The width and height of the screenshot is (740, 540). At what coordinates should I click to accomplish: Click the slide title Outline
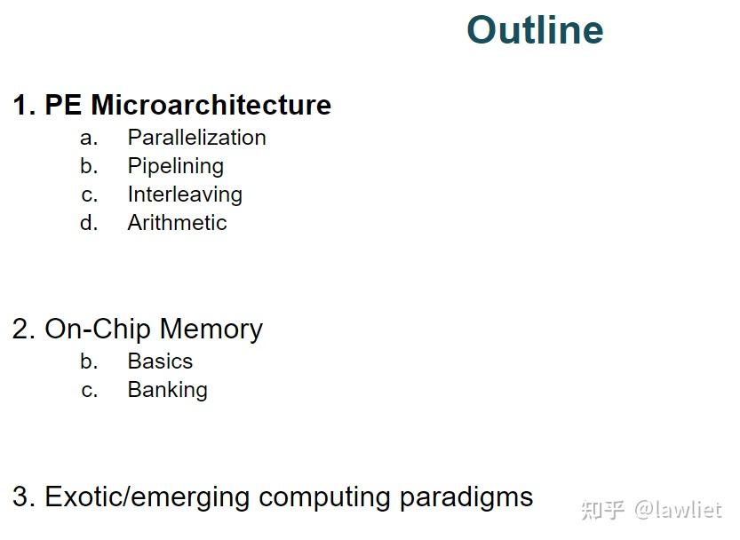535,30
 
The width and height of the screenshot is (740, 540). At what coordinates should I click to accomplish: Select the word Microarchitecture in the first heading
211,105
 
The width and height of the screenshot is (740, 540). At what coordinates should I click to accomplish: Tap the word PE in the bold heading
63,105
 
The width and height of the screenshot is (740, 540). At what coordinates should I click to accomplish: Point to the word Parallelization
196,138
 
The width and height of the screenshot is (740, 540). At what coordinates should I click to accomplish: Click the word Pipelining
175,166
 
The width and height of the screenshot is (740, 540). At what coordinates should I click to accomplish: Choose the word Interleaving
185,195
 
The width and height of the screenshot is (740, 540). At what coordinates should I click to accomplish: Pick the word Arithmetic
177,223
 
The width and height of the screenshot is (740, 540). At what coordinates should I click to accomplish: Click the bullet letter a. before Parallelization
88,138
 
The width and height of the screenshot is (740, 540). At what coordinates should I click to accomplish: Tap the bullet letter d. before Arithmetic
89,223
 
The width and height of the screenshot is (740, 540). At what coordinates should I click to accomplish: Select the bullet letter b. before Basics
89,361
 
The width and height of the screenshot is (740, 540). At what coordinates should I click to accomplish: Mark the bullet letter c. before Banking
89,390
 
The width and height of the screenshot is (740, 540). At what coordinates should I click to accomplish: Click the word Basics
160,361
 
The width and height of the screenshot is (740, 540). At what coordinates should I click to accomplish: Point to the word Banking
167,390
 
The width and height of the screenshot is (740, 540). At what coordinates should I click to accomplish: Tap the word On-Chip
98,330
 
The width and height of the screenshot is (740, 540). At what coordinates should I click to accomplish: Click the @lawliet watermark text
678,511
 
